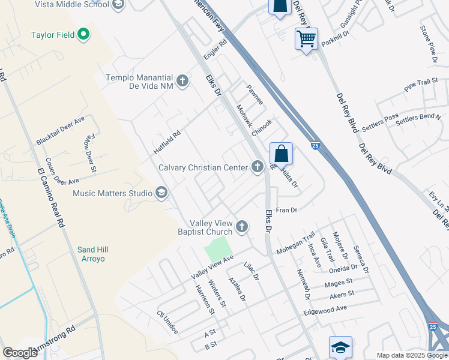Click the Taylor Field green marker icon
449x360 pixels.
point(83,35)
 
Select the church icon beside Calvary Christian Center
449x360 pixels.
point(258,167)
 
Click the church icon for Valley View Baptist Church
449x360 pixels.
point(242,227)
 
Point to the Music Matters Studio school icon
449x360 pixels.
point(161,193)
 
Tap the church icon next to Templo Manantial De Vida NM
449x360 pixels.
point(183,80)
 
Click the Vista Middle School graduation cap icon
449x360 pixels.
point(118,5)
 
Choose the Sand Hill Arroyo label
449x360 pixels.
point(91,254)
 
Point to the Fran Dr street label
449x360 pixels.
point(286,210)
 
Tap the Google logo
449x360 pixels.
point(20,352)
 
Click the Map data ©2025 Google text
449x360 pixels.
point(411,355)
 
